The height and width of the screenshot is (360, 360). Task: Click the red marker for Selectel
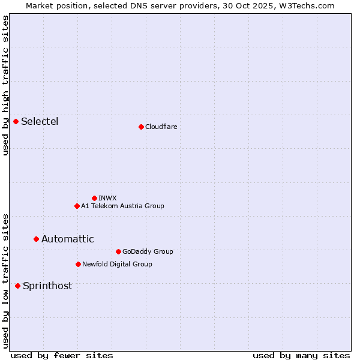click(x=16, y=122)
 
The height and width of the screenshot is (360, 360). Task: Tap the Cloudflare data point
click(x=141, y=127)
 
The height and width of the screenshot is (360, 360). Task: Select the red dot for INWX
click(x=94, y=198)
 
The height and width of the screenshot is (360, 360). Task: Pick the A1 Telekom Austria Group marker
click(x=77, y=206)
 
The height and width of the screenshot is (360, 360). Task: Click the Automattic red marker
click(x=36, y=239)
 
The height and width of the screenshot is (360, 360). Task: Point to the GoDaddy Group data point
click(x=118, y=251)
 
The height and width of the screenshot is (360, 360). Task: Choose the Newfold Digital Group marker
click(x=78, y=264)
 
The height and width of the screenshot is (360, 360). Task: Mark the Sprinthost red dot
click(x=18, y=286)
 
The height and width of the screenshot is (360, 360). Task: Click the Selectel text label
click(x=40, y=122)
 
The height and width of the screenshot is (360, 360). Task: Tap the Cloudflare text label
click(x=161, y=127)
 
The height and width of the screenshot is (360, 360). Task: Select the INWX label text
click(x=107, y=198)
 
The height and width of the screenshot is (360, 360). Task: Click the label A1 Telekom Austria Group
click(x=122, y=206)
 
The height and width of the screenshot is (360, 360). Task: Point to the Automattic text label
click(x=67, y=239)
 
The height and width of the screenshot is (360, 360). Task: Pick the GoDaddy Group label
click(x=148, y=251)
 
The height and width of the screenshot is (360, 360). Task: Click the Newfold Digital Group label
click(x=117, y=264)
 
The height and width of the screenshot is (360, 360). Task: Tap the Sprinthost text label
click(x=47, y=286)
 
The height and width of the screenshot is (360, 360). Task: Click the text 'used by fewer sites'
click(x=62, y=355)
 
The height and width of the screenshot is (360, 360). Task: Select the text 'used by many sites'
click(x=301, y=355)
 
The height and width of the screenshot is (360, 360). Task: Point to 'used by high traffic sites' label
click(x=5, y=85)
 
